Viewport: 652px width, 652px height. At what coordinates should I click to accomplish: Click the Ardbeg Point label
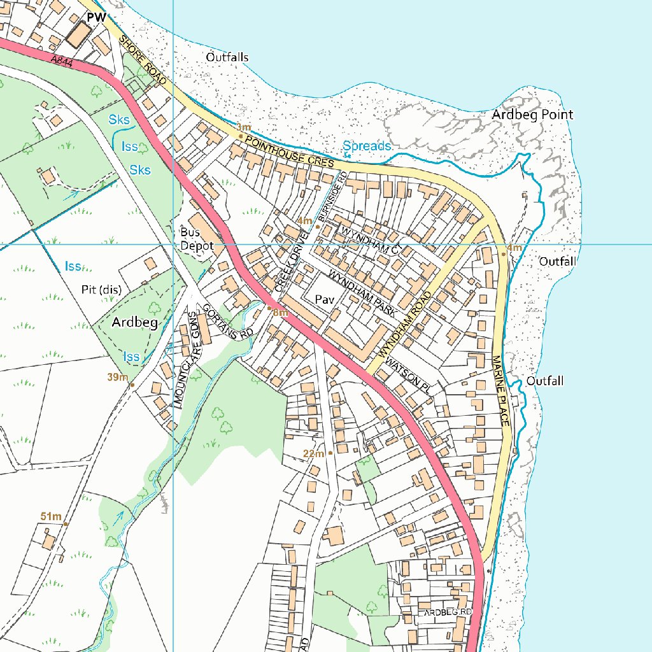(532, 115)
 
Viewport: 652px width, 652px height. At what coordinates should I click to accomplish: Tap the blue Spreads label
(367, 146)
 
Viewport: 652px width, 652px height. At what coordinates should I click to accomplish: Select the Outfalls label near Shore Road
(227, 57)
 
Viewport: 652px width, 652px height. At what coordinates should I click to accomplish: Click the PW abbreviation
(97, 17)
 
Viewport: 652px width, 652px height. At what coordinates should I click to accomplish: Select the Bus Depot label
(195, 239)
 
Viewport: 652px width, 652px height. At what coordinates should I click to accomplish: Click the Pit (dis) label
(101, 290)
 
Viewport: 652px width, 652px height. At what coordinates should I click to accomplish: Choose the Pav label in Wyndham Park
(325, 299)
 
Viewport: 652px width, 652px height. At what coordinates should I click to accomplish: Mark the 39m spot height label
(118, 378)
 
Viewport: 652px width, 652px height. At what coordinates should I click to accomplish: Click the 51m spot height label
(50, 516)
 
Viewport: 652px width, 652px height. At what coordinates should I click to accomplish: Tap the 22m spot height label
(313, 453)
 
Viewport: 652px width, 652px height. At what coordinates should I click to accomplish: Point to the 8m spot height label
(281, 313)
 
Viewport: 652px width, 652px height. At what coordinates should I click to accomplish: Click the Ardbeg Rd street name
(448, 612)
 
